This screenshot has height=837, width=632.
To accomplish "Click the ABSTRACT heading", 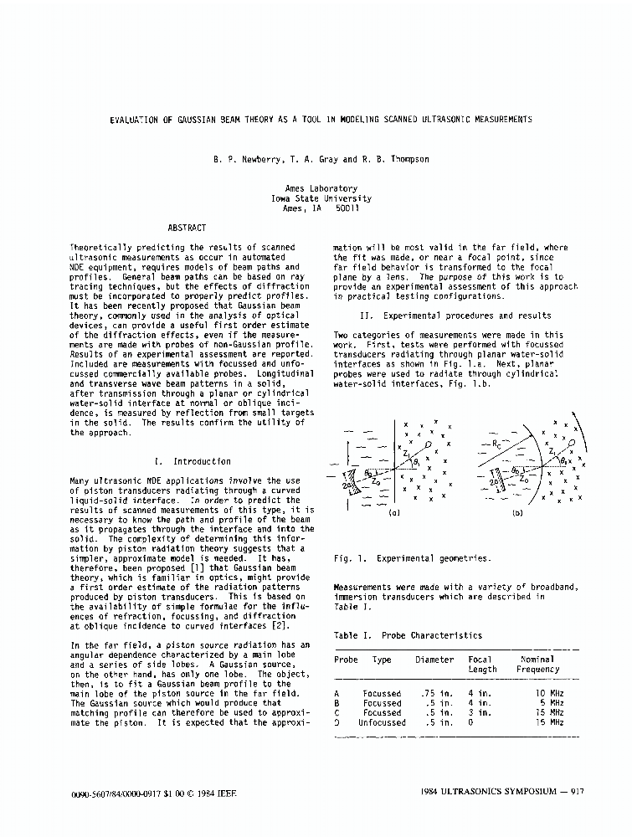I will [x=187, y=228].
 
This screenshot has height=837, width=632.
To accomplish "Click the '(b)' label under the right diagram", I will [x=516, y=514].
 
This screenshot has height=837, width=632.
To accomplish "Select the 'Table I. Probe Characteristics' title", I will [x=408, y=635].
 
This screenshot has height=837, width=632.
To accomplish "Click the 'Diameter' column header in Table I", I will [x=434, y=660].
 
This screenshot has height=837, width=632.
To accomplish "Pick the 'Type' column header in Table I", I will [x=382, y=660].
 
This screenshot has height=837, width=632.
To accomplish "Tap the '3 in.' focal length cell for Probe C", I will [x=479, y=712].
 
